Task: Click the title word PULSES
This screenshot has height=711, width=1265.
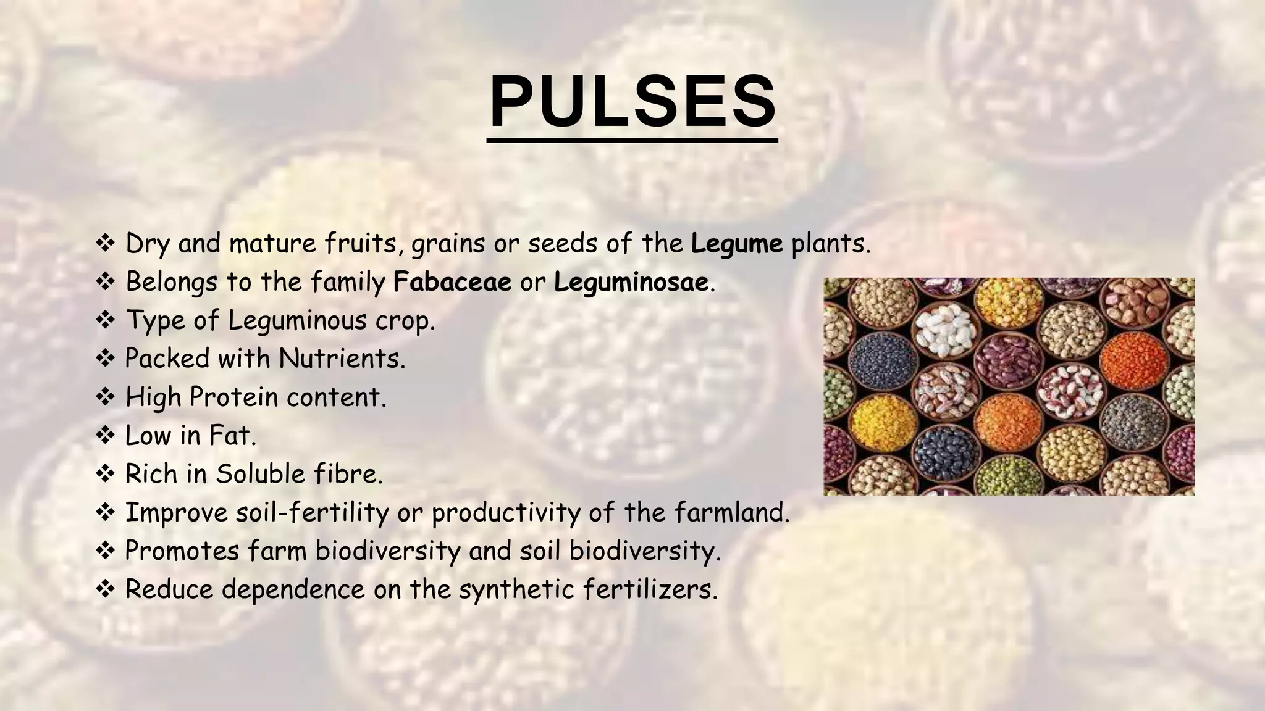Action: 632,102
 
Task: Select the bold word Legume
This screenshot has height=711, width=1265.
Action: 736,244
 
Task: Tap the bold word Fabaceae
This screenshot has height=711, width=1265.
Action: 452,282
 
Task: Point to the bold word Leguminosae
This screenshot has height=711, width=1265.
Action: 631,283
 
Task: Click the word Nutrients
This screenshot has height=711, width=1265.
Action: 341,359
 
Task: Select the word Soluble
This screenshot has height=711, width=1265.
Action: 260,474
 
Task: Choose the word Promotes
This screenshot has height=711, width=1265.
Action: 182,551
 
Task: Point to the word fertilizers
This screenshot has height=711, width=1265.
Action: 649,589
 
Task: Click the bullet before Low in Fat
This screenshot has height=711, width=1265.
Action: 106,436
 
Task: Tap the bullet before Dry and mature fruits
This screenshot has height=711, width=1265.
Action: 106,244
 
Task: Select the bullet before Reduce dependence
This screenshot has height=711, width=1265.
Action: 106,589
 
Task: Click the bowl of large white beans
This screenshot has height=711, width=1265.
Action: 944,331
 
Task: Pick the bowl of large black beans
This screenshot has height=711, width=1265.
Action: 944,455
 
